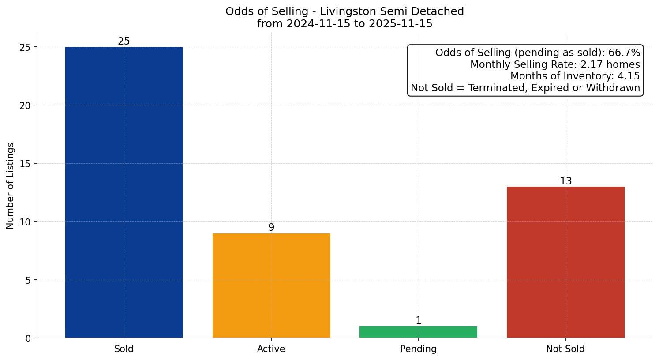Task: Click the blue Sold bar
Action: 124,192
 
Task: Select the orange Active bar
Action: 271,285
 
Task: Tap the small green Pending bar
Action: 418,332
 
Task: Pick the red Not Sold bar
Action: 565,262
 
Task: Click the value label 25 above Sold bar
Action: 124,41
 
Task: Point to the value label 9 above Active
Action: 271,228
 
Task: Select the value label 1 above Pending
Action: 418,321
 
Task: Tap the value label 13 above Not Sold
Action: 565,181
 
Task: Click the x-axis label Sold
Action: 124,349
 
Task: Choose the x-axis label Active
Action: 271,349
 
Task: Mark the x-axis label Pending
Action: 418,349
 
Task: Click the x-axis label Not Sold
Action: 565,349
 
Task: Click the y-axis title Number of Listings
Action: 11,185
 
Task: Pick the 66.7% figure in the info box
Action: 624,53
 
